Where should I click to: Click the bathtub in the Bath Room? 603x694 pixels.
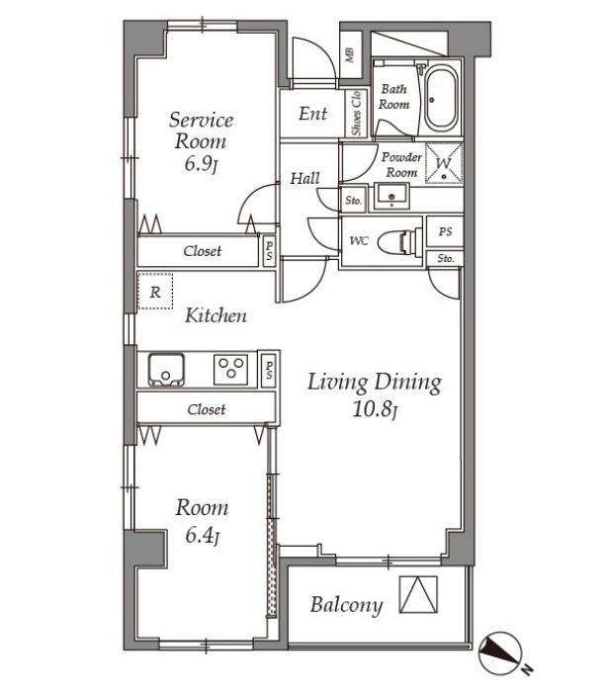441,98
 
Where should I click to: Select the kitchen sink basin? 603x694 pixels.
166,369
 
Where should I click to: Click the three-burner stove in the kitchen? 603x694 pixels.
231,369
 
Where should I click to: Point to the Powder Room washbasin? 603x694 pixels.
391,197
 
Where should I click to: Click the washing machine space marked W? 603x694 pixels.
444,163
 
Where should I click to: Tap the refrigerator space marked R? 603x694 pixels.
155,292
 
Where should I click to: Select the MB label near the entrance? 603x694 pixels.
350,55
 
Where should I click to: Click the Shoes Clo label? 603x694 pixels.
356,114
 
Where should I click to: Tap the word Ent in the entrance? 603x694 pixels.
312,114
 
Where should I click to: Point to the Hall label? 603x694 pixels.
304,178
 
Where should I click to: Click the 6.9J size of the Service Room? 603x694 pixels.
202,165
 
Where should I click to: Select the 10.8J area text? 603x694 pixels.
375,409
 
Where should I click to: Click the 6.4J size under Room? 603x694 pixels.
203,536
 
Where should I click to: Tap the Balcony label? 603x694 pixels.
346,605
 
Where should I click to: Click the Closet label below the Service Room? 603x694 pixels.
203,251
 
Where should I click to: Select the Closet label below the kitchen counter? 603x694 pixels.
207,409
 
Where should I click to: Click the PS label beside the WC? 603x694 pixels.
445,231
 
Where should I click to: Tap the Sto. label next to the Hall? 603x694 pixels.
354,201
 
